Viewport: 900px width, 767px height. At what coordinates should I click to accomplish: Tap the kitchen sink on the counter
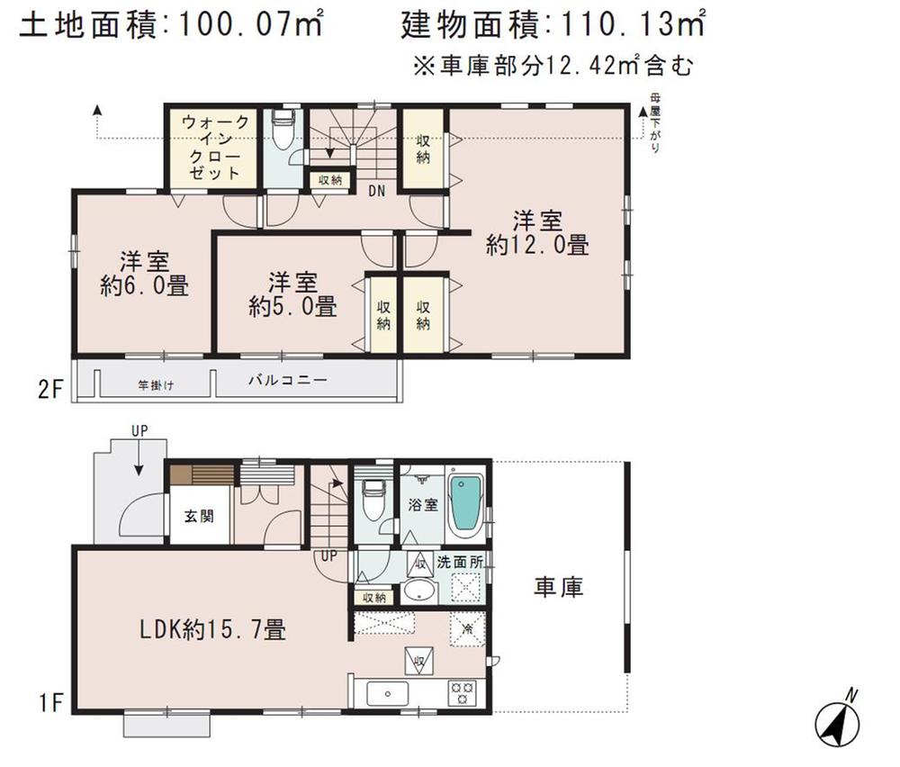click(x=388, y=692)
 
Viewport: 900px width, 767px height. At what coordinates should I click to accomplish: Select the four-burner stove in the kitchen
click(x=463, y=692)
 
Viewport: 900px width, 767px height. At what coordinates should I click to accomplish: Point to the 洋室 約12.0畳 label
click(x=537, y=232)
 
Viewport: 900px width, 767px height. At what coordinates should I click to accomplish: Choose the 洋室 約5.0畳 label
click(x=292, y=293)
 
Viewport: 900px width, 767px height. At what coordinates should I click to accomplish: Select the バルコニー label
click(x=287, y=381)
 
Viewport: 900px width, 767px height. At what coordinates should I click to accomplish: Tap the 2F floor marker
click(x=49, y=393)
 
